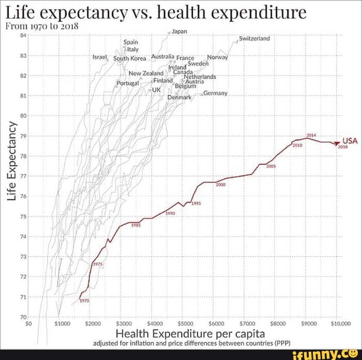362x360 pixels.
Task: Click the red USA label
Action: (350, 140)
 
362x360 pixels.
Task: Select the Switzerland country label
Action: (254, 38)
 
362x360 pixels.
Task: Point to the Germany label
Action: (216, 93)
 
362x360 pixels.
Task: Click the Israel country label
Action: (99, 56)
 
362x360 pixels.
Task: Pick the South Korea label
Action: (129, 58)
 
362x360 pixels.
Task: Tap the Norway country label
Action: (217, 57)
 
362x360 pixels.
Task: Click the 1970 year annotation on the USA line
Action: (84, 301)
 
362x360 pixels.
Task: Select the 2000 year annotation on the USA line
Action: (221, 184)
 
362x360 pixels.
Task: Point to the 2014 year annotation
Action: (311, 135)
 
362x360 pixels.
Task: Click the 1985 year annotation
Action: (135, 225)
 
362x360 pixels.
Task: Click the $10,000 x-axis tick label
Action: (341, 323)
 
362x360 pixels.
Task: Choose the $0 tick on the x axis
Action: (29, 323)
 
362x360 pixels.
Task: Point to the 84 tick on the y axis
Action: (22, 36)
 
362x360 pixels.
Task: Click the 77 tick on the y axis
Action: (22, 176)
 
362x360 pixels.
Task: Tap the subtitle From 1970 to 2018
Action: (41, 26)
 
